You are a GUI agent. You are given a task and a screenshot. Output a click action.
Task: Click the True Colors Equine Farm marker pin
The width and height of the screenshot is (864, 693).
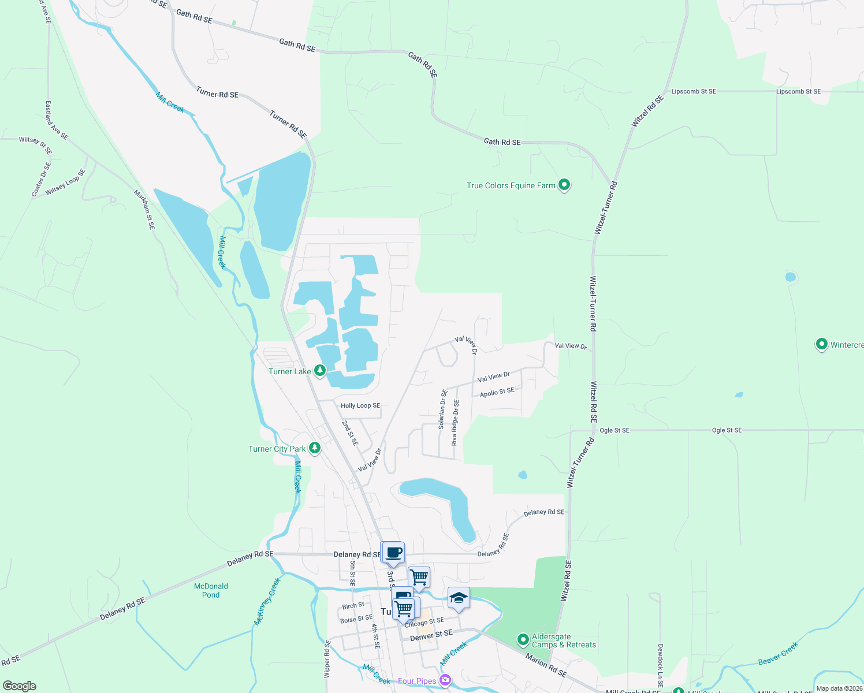pos(564,185)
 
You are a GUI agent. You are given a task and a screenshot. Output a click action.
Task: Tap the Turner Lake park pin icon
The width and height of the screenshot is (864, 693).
pos(319,370)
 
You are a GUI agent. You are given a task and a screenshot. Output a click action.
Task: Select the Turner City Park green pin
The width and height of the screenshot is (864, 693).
pos(315,448)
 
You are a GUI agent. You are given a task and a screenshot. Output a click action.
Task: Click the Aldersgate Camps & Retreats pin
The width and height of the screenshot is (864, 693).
pos(523,639)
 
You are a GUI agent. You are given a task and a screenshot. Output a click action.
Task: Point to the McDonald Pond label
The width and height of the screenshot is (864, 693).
pos(211,590)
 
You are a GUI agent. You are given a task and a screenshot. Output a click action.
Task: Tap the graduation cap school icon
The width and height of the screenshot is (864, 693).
pos(459,598)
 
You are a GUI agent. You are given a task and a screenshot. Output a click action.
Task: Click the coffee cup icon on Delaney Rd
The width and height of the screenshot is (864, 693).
pos(394,553)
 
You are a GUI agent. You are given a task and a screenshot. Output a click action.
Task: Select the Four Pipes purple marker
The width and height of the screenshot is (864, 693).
pos(445,680)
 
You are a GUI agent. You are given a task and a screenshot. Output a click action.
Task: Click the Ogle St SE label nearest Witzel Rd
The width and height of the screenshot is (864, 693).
pos(615,430)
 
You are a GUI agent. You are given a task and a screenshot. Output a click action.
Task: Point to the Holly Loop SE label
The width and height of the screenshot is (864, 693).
pos(360,405)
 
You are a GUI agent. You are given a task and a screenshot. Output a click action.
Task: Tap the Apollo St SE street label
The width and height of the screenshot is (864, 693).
pos(497,392)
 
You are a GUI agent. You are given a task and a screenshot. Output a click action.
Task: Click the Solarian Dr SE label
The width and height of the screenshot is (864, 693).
pos(442,409)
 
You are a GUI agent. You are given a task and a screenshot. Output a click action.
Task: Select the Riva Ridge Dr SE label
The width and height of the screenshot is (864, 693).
pos(456,422)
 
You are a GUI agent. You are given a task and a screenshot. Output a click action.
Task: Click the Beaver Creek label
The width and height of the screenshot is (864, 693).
pos(777,653)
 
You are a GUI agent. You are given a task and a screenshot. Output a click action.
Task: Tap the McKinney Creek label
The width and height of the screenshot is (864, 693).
pos(267,602)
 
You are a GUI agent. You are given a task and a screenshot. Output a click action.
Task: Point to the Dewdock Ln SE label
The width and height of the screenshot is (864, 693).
pos(660,665)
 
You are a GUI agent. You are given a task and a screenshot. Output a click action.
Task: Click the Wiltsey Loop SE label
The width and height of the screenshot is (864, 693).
pos(65,181)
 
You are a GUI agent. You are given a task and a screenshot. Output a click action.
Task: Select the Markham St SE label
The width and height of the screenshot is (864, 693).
pos(144,209)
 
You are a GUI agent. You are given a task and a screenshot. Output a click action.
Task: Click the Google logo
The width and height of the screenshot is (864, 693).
pos(20,685)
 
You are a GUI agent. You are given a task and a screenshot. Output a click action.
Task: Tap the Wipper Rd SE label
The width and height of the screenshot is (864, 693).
pos(327,659)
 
